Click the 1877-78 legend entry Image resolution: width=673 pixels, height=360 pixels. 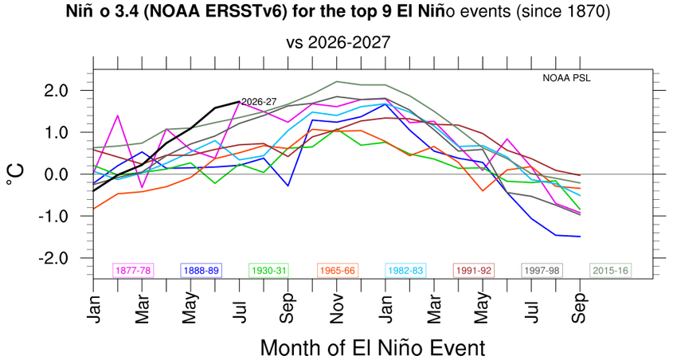pos(133,271)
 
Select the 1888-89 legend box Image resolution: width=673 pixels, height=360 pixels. pos(201,271)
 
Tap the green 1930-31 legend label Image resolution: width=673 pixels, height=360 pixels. pos(269,271)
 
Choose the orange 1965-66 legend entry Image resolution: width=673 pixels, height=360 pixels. pos(338,271)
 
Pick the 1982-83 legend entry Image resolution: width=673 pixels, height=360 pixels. pos(405,271)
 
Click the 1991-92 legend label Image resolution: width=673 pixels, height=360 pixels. pos(474,271)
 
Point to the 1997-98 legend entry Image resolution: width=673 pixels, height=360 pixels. pos(542,271)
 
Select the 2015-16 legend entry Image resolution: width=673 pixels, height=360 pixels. pos(610,271)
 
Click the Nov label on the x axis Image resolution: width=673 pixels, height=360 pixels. pos(337,308)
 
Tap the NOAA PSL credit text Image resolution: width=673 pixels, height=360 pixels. pos(566,79)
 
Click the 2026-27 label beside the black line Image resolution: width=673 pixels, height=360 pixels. pos(259,102)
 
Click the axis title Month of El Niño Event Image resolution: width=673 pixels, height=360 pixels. pos(373,347)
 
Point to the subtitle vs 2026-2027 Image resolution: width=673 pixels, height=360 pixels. pos(338,42)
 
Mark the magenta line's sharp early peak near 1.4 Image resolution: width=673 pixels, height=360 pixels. pos(118,115)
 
